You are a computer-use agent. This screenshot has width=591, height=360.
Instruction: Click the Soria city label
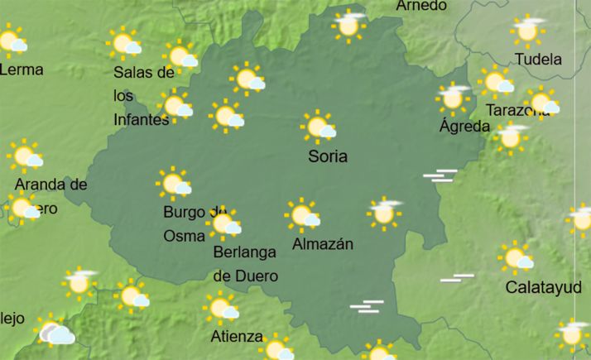[327, 156]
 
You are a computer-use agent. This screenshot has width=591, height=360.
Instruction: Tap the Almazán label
[323, 244]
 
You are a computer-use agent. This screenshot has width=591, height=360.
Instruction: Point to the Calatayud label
[542, 287]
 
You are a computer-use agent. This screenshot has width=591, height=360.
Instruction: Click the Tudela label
[538, 60]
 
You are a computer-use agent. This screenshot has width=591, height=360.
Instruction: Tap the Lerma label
[21, 70]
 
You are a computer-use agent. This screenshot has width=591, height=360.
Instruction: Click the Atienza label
[237, 337]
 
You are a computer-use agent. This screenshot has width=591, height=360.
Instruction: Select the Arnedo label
[421, 6]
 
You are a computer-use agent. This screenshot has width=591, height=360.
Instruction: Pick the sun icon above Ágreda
[453, 97]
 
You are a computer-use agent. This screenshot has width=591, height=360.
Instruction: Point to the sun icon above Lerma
[12, 40]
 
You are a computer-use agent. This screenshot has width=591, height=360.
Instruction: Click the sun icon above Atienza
[222, 309]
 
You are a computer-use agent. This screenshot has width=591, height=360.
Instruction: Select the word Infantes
[141, 119]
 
